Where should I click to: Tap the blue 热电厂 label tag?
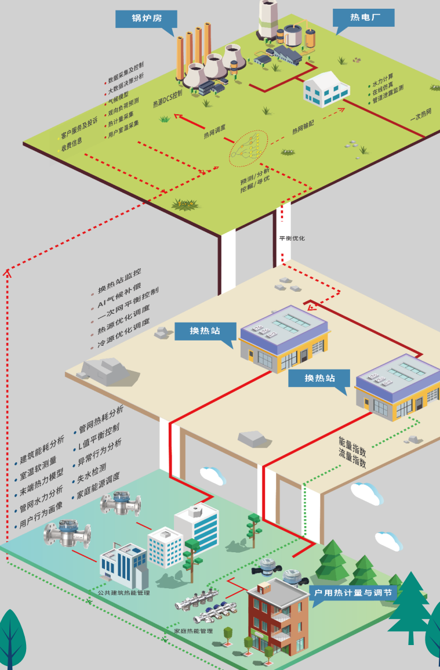click(363, 17)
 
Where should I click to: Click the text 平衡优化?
click(292, 238)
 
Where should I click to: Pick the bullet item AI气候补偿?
click(119, 291)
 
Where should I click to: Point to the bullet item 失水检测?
click(92, 474)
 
